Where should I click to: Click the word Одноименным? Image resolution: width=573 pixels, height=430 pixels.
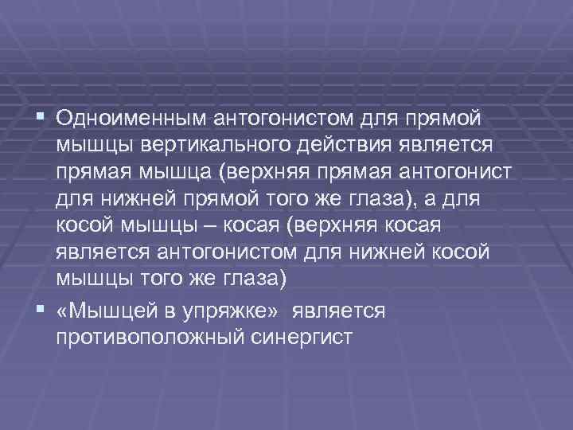129,119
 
